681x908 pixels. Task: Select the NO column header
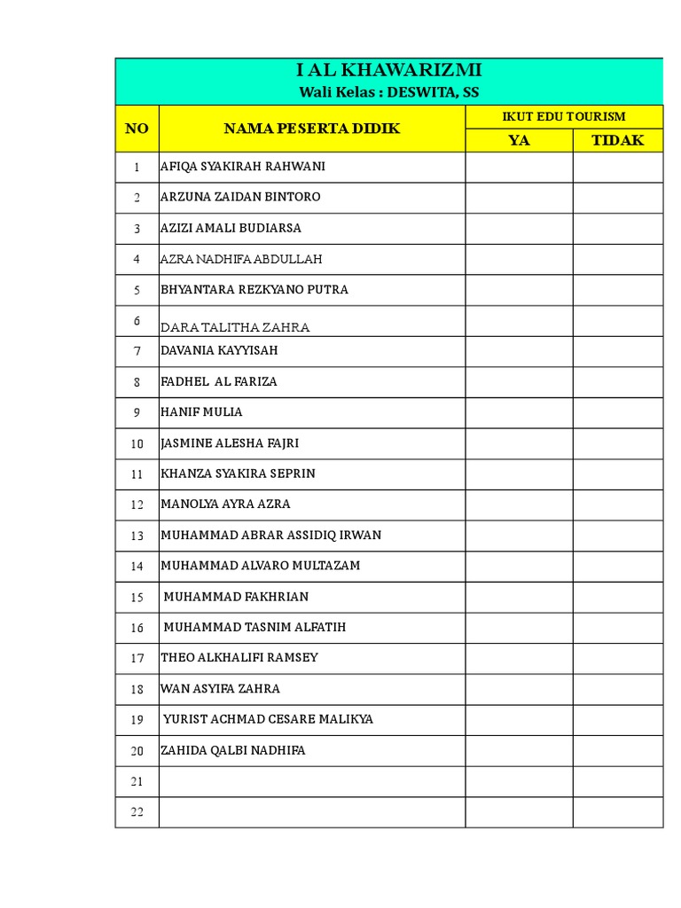pyautogui.click(x=137, y=129)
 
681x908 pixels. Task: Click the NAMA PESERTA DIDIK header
pyautogui.click(x=312, y=129)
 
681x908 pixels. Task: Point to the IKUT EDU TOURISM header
pyautogui.click(x=564, y=116)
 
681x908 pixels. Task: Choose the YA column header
pyautogui.click(x=519, y=140)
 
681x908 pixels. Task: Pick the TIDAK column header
pyautogui.click(x=617, y=140)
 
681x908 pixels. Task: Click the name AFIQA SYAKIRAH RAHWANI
pyautogui.click(x=243, y=167)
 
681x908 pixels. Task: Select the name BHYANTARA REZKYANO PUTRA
pyautogui.click(x=254, y=289)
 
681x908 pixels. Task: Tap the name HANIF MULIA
pyautogui.click(x=201, y=412)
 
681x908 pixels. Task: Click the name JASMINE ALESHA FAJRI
pyautogui.click(x=236, y=443)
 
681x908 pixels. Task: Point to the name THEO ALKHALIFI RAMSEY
pyautogui.click(x=239, y=658)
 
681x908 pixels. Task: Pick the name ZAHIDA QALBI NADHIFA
pyautogui.click(x=233, y=750)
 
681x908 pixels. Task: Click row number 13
pyautogui.click(x=137, y=536)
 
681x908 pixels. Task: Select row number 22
pyautogui.click(x=137, y=812)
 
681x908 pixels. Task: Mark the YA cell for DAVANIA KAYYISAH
pyautogui.click(x=519, y=351)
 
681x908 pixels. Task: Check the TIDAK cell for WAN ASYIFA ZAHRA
pyautogui.click(x=617, y=689)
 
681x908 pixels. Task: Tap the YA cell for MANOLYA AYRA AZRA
pyautogui.click(x=519, y=505)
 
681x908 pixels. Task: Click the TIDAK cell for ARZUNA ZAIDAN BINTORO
pyautogui.click(x=617, y=197)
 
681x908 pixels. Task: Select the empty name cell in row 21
pyautogui.click(x=312, y=781)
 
